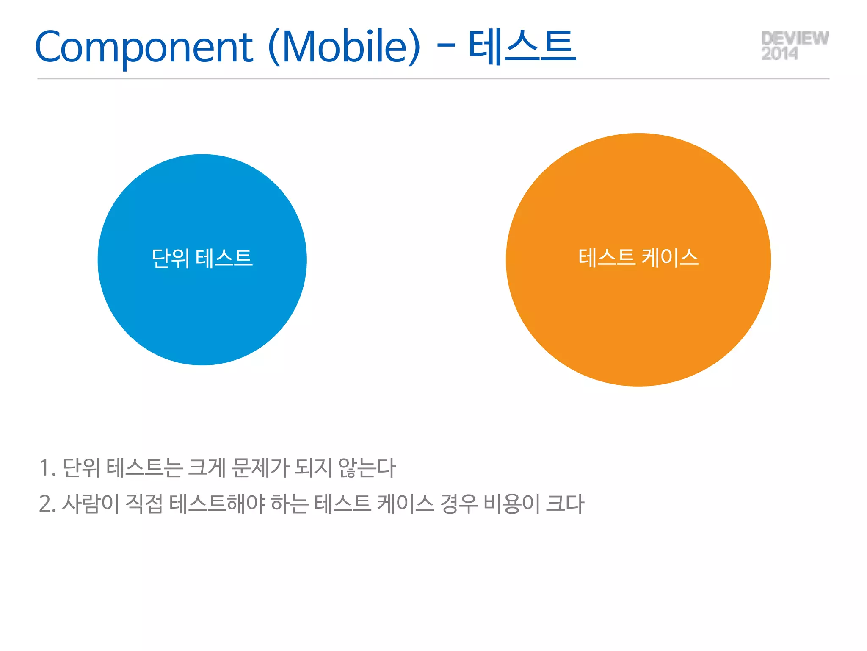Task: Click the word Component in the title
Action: pyautogui.click(x=144, y=47)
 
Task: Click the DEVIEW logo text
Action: pyautogui.click(x=795, y=38)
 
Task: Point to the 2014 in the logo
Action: pyautogui.click(x=779, y=54)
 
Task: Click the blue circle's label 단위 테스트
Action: pyautogui.click(x=202, y=258)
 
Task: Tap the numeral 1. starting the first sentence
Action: pyautogui.click(x=47, y=468)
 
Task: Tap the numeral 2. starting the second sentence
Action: pyautogui.click(x=47, y=504)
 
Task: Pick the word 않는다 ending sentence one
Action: pyautogui.click(x=367, y=468)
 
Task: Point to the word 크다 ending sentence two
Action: pyautogui.click(x=565, y=504)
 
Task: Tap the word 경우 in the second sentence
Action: pyautogui.click(x=458, y=504)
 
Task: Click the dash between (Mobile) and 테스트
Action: pyautogui.click(x=445, y=44)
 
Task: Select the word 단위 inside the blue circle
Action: pyautogui.click(x=170, y=258)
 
